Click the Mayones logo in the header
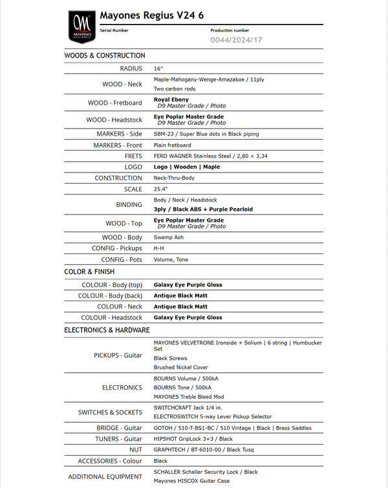click(x=81, y=25)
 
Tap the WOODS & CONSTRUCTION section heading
click(x=105, y=56)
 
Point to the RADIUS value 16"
click(x=158, y=69)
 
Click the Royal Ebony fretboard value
click(x=171, y=100)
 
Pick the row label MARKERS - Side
click(x=118, y=134)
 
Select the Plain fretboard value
click(x=173, y=145)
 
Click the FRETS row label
click(x=133, y=156)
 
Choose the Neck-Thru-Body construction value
click(x=174, y=178)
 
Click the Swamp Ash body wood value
click(x=169, y=237)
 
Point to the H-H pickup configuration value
click(x=158, y=248)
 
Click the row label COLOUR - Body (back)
click(x=110, y=295)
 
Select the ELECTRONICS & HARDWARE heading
click(x=107, y=330)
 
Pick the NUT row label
click(x=136, y=449)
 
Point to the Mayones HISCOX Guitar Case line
click(x=191, y=481)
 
